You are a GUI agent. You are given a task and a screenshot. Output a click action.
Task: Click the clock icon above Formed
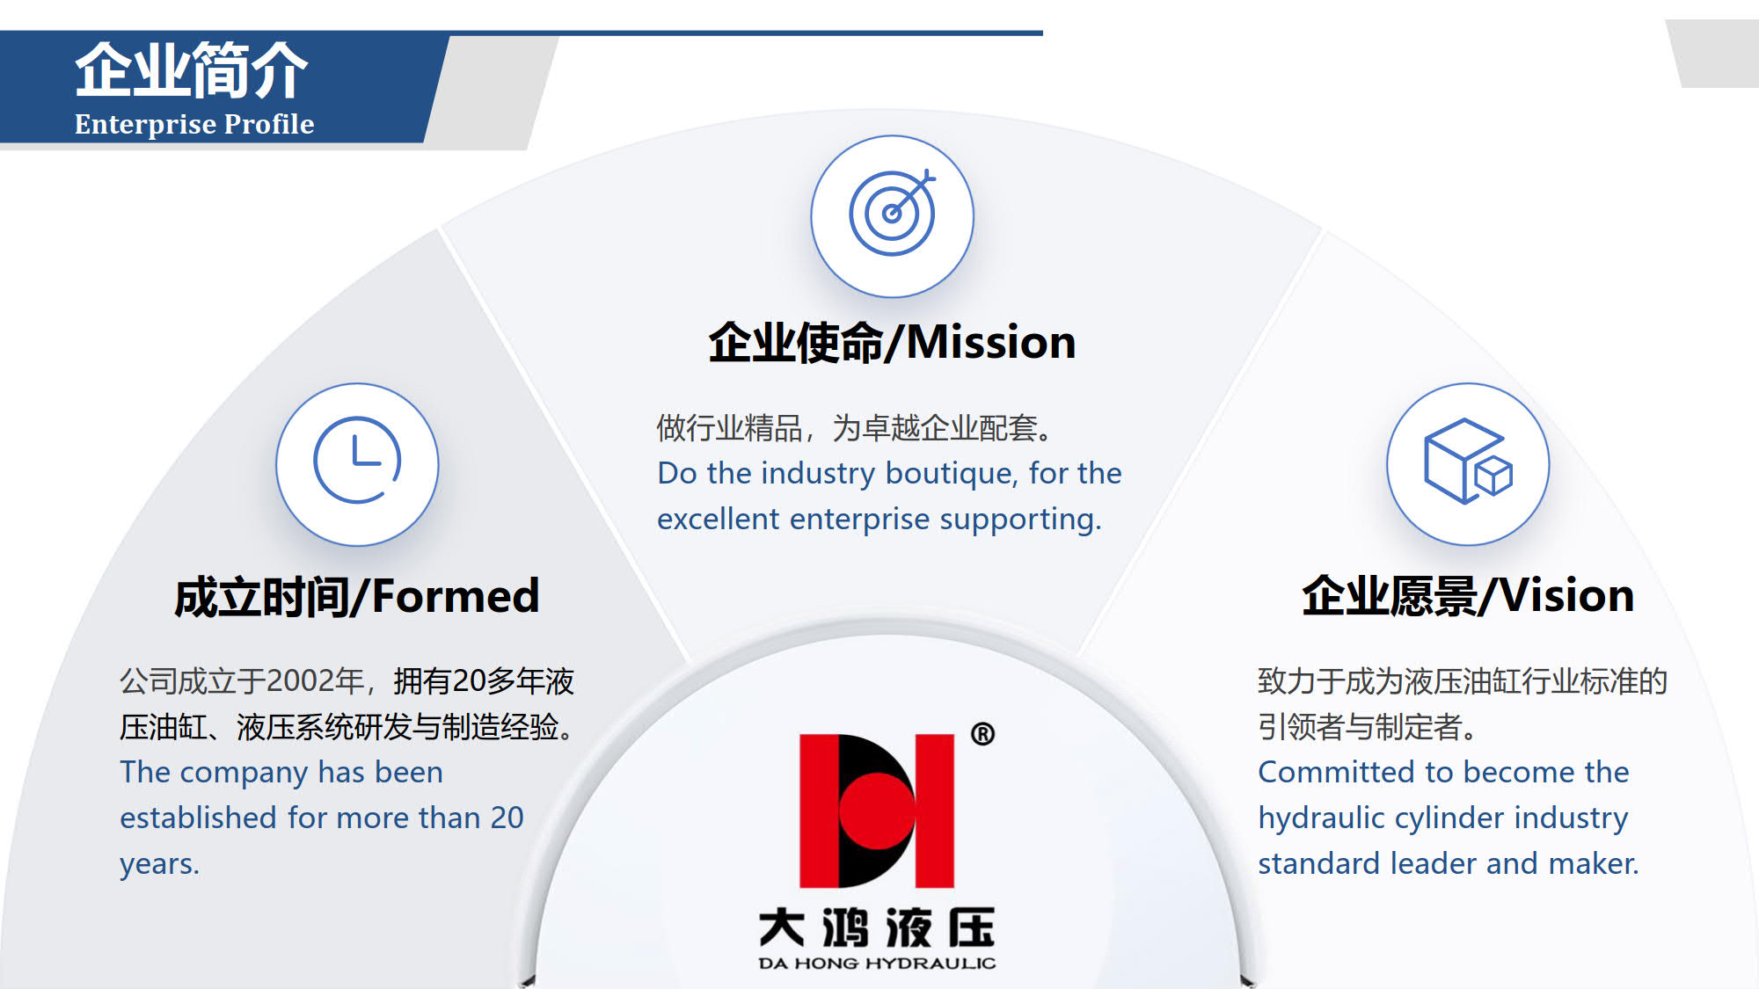357,460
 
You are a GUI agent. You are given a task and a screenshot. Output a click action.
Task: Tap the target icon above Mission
892,212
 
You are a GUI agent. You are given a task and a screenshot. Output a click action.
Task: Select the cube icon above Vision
1468,462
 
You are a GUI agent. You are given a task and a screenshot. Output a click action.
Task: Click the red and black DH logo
877,811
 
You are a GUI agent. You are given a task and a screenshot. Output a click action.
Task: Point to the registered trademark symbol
983,734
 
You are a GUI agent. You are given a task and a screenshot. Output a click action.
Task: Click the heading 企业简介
192,70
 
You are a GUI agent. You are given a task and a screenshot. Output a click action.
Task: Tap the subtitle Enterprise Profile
194,124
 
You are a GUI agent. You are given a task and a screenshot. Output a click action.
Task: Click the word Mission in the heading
991,342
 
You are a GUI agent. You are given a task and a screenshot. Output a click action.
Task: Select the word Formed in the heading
456,596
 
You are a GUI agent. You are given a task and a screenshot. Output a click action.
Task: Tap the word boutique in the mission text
951,474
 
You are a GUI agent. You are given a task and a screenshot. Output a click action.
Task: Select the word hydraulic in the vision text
1322,818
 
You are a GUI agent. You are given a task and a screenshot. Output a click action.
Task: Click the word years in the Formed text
159,865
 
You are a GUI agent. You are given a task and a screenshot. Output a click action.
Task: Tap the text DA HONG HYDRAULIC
877,964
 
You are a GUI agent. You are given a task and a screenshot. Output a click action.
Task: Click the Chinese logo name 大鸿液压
877,927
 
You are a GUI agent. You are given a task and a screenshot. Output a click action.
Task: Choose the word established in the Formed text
199,818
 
